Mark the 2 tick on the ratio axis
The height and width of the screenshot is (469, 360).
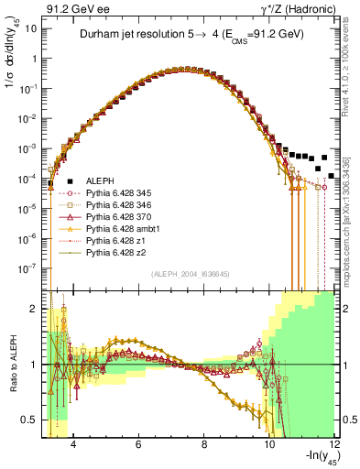pyautogui.click(x=37, y=308)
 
